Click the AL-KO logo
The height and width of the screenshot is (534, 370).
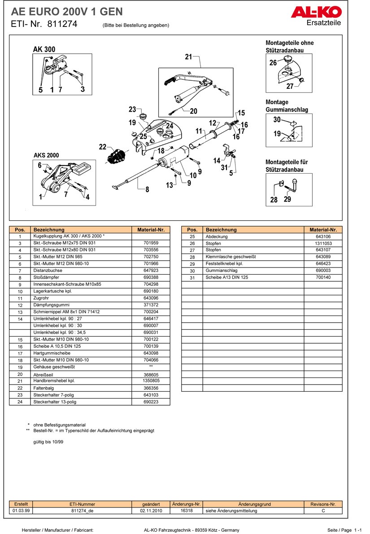point(316,12)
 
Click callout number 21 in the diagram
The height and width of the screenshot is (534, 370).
point(188,57)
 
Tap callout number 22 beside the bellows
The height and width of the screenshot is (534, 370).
point(103,147)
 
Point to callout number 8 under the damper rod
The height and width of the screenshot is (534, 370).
point(147,189)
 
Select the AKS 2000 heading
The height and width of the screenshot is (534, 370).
point(46,155)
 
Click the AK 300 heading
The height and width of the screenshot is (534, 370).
point(44,49)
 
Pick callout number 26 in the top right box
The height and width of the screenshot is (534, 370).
point(273,63)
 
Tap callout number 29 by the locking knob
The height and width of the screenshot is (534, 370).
point(287,199)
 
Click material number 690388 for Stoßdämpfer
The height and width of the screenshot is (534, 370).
point(151,278)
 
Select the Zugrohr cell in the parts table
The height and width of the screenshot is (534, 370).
point(40,298)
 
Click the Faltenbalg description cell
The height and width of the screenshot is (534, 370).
point(42,388)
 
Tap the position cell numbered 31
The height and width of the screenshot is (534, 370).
point(192,278)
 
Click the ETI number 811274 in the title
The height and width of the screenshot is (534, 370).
point(62,24)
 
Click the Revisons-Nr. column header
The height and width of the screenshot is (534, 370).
point(323,504)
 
